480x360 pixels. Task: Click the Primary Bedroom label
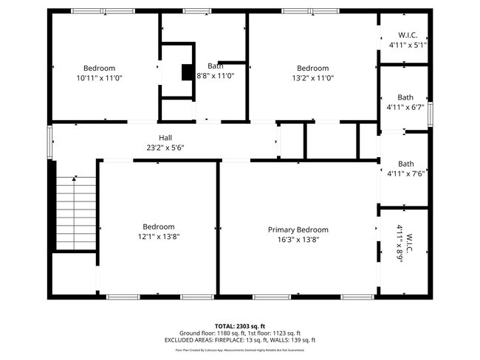coord(298,229)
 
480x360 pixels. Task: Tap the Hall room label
coord(165,137)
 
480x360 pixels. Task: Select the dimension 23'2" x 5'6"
coord(165,147)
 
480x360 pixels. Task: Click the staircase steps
coord(76,213)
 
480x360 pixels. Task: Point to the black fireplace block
coord(188,72)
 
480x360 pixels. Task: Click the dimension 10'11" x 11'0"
coord(99,77)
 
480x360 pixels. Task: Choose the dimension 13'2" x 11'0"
coord(312,77)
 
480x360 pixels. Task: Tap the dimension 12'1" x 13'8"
coord(159,236)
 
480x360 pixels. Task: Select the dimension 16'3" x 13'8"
coord(298,239)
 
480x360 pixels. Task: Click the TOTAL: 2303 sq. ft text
coord(240,325)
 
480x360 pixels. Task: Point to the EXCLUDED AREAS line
coord(240,340)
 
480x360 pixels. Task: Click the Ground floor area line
coord(240,333)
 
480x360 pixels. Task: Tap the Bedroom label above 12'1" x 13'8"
coord(159,226)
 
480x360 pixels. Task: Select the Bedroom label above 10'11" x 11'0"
coord(99,68)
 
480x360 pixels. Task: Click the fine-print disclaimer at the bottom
coord(240,350)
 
